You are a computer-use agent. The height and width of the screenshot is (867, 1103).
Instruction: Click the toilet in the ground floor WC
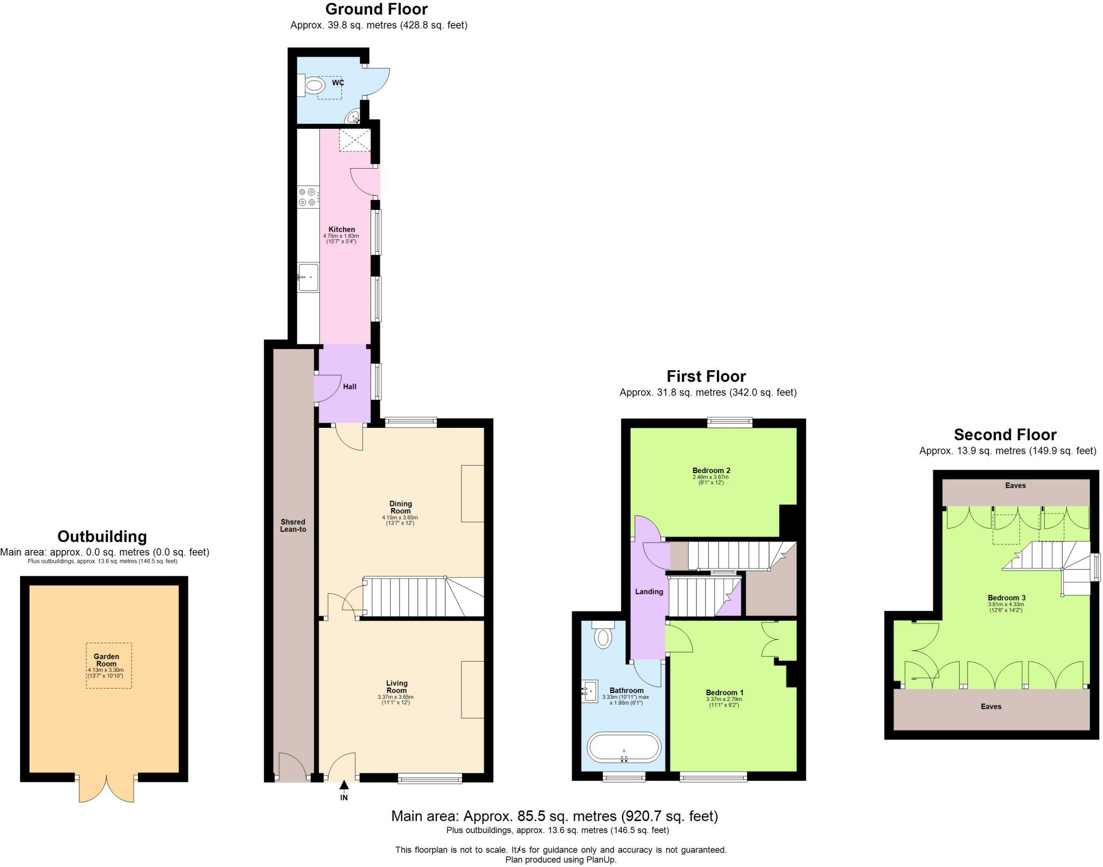313,86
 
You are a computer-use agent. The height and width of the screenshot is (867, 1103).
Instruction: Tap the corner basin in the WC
353,116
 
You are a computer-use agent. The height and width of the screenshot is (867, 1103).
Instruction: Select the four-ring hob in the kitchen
308,197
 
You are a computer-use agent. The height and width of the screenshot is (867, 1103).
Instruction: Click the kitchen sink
308,278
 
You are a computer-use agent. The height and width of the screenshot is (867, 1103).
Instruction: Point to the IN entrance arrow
344,793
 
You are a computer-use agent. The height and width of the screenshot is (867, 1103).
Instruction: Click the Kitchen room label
341,230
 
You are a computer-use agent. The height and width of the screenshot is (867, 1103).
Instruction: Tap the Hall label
350,386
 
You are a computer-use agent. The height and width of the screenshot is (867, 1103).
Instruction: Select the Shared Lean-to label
293,525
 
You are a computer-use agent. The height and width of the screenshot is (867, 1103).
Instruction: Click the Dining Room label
400,507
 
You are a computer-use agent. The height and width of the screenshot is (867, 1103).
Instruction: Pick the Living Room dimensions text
396,699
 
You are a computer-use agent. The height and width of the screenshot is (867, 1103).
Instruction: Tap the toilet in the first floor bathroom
603,636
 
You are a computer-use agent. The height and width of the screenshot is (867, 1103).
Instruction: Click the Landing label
648,592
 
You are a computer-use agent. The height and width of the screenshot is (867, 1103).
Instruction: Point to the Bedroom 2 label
711,470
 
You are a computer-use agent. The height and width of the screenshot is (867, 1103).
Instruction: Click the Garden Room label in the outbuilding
106,660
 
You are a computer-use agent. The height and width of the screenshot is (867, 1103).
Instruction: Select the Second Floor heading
1005,434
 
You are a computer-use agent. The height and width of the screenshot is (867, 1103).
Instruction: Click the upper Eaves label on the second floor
1015,485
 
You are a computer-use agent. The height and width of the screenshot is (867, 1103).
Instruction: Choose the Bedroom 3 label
1006,598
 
